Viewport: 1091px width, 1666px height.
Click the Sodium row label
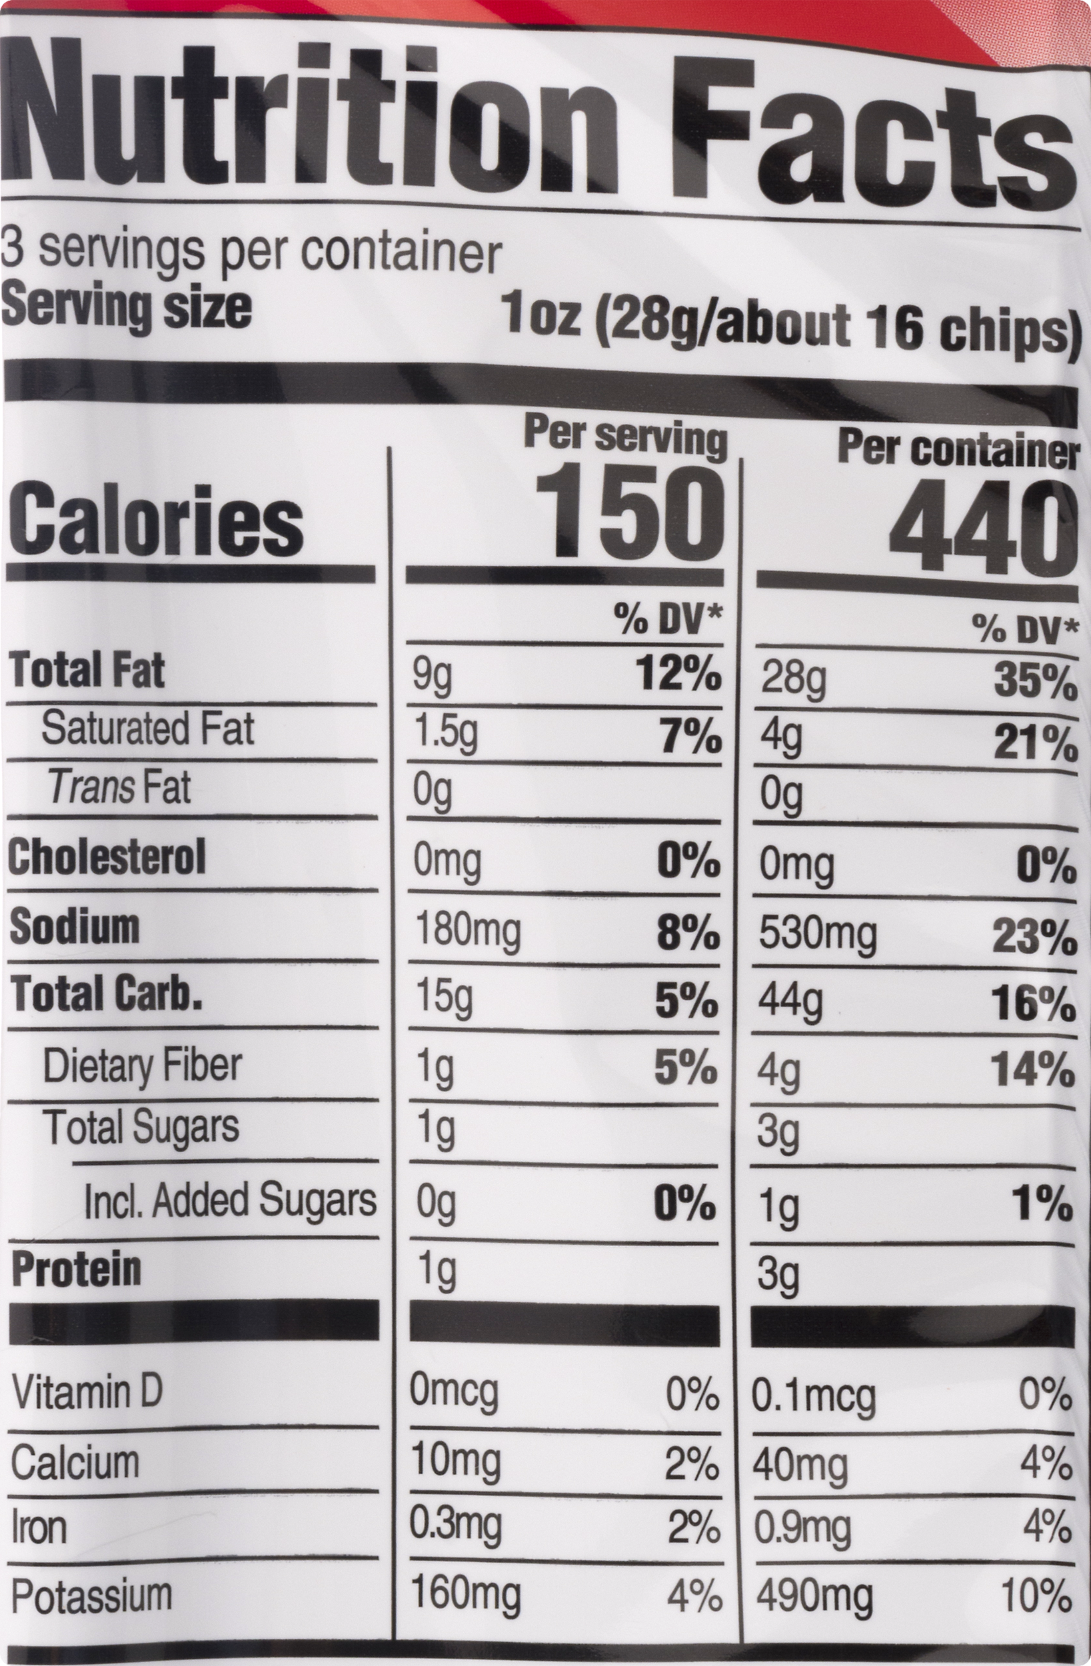tap(75, 927)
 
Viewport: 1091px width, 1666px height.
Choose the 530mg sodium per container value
tap(817, 935)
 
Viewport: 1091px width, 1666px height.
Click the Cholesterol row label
tap(107, 856)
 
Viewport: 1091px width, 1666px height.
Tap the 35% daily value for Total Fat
tap(1035, 683)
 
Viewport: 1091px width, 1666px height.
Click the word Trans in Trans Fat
tap(91, 788)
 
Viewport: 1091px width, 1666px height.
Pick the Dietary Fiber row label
tap(142, 1066)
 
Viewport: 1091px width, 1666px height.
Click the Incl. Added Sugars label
tap(230, 1200)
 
